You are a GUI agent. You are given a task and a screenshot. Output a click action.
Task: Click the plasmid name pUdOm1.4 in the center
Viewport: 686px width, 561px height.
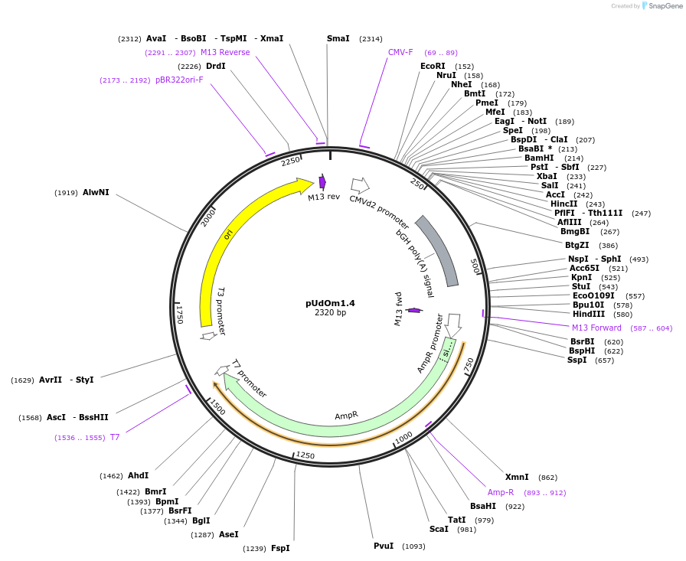tap(330, 302)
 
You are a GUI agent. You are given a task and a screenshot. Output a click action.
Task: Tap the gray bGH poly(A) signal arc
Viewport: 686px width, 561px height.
tap(439, 249)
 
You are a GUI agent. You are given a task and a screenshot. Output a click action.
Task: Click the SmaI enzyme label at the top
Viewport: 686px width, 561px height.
tap(338, 38)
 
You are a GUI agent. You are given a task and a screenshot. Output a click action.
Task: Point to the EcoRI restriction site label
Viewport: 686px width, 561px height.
tap(433, 66)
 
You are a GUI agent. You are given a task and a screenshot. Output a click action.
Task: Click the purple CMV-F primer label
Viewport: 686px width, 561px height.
tap(400, 52)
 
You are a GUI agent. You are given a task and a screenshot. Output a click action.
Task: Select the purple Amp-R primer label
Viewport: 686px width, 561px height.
tap(501, 492)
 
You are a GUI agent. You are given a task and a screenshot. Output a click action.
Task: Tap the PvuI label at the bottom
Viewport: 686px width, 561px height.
tap(384, 546)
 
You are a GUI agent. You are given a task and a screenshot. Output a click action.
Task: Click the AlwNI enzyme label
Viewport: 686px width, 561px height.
tap(96, 192)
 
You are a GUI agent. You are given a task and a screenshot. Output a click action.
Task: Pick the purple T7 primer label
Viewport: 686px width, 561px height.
tap(115, 437)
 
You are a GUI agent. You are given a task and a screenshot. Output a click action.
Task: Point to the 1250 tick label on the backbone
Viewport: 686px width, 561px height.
tap(305, 455)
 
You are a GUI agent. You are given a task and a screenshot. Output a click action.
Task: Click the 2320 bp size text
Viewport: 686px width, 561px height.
tap(330, 312)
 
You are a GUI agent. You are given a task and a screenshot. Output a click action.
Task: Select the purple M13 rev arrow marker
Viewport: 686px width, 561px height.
tap(322, 182)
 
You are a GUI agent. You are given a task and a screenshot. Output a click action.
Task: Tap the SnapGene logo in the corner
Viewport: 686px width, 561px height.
tap(661, 6)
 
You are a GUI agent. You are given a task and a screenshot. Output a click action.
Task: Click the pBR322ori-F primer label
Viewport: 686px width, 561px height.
tap(179, 80)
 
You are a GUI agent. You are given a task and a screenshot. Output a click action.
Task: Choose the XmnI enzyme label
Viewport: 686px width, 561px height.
tap(516, 477)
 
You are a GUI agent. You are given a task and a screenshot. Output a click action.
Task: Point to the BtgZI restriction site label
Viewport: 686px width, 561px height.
tap(577, 245)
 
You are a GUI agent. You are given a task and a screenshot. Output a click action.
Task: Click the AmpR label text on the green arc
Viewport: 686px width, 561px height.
tap(346, 416)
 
